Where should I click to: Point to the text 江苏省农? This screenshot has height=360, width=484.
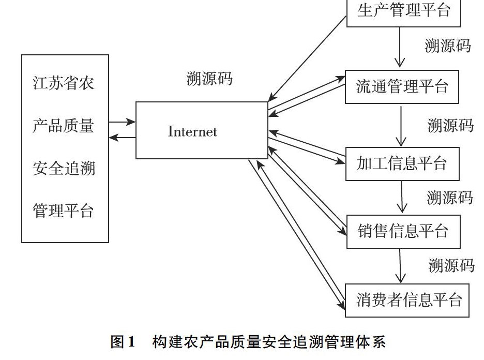[64, 83]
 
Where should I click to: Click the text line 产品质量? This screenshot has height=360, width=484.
[63, 126]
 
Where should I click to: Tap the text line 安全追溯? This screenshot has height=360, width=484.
[64, 168]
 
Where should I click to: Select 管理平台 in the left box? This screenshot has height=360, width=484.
[63, 211]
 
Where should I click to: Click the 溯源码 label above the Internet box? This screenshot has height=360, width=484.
[209, 79]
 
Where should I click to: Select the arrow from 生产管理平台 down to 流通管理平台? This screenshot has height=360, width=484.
[400, 47]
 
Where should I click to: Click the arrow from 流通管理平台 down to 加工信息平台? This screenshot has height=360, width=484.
[401, 126]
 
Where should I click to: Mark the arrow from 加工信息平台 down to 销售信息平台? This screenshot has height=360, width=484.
[402, 197]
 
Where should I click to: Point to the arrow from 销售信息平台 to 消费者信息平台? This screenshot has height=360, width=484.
[400, 266]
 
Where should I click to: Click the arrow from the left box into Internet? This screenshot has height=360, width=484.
[122, 122]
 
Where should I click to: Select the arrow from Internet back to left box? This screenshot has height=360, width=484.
[122, 138]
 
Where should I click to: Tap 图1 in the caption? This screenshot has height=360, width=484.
[123, 342]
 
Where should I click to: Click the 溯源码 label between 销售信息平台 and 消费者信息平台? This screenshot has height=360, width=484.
[451, 265]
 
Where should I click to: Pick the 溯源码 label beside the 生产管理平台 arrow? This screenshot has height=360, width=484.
[448, 46]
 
